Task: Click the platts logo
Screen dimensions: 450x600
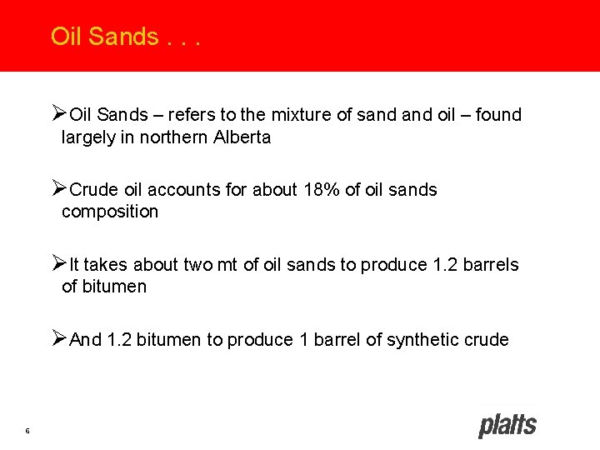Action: pyautogui.click(x=507, y=425)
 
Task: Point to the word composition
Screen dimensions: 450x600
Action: pyautogui.click(x=109, y=212)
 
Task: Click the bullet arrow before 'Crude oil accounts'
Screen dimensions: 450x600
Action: pyautogui.click(x=58, y=189)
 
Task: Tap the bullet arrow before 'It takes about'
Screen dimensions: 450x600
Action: pyautogui.click(x=58, y=264)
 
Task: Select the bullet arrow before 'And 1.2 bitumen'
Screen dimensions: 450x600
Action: pyautogui.click(x=58, y=339)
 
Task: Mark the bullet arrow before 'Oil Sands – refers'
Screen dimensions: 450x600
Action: pyautogui.click(x=58, y=114)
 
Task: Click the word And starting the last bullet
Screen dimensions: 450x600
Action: pyautogui.click(x=87, y=340)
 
